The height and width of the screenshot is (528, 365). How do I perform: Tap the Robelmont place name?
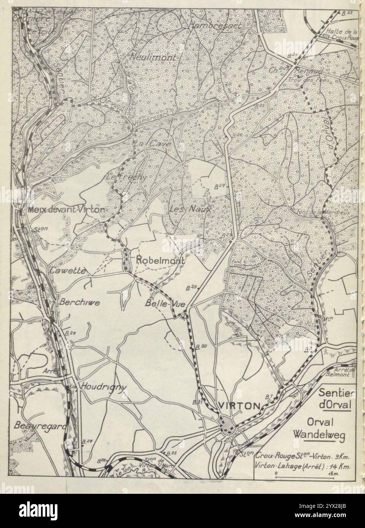coord(160,261)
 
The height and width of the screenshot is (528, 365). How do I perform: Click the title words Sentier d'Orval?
coord(335,398)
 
